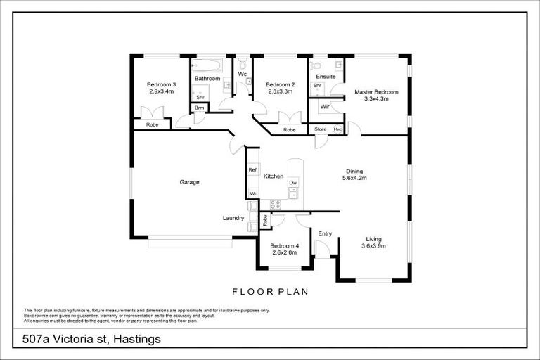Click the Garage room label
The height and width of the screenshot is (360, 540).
coord(189,182)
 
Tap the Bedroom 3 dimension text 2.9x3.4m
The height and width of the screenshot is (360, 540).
coord(162,91)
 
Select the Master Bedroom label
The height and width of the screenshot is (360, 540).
coord(376,92)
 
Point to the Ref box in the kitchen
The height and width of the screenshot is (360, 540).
coord(252,170)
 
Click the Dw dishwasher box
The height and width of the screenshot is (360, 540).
coord(292,183)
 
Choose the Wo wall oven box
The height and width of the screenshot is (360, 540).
coord(252,193)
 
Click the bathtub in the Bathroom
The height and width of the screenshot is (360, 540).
coord(207,67)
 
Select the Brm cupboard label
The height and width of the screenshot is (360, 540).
coord(199,108)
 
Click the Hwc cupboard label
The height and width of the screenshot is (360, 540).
coord(337,129)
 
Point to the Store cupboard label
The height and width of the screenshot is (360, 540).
coord(321,129)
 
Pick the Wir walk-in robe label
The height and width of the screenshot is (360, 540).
coord(325,107)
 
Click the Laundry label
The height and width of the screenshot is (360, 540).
coord(233,218)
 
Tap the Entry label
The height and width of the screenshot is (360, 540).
coord(325,233)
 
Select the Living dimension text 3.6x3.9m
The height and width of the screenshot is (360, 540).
coord(373,246)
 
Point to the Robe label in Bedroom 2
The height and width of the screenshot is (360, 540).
coord(289,130)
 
